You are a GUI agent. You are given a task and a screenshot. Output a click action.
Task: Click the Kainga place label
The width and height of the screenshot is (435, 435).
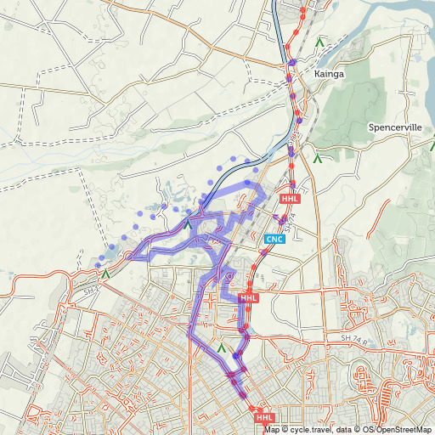tap(329, 74)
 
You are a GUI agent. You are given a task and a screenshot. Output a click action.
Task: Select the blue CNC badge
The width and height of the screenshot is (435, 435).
tap(274, 240)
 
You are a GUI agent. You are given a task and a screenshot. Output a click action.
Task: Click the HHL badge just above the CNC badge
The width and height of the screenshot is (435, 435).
tap(291, 199)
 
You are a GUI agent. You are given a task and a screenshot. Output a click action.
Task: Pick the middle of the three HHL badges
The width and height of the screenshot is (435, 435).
tap(248, 298)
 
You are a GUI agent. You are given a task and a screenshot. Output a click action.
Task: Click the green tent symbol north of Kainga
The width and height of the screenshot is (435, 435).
tap(319, 40)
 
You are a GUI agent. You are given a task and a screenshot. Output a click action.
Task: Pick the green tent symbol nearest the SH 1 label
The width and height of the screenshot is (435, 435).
tap(105, 274)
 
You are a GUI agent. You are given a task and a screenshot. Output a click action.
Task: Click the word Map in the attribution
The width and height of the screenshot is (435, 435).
tap(272, 429)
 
